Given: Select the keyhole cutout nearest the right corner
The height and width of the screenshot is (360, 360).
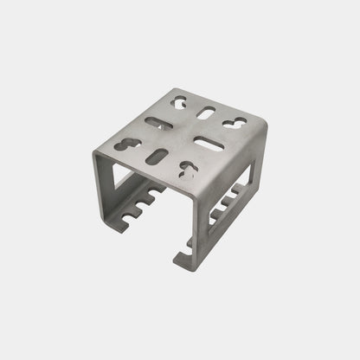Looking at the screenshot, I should (235, 123).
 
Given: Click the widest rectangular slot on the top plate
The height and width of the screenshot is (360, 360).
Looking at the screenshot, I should (209, 139).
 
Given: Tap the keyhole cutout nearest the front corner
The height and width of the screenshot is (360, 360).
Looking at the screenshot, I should (186, 170).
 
